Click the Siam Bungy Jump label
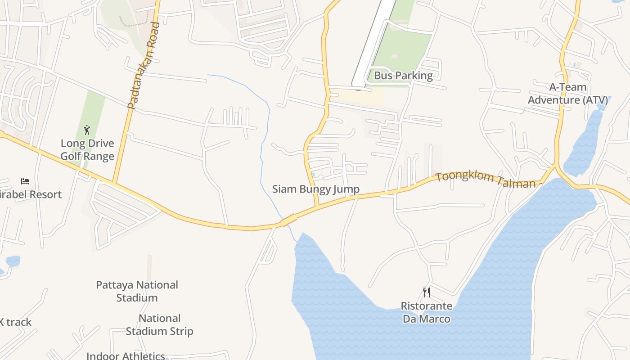(x=316, y=189)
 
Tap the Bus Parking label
(x=403, y=76)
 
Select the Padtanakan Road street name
(x=144, y=66)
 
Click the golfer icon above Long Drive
(x=87, y=130)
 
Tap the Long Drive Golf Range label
(x=87, y=150)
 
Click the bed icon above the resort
(x=25, y=181)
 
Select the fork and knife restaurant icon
(x=426, y=292)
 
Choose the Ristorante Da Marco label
(x=426, y=313)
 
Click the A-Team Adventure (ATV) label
(x=567, y=94)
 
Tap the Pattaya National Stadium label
(x=137, y=291)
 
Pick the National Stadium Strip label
(x=159, y=325)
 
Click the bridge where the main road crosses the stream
(x=288, y=220)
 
